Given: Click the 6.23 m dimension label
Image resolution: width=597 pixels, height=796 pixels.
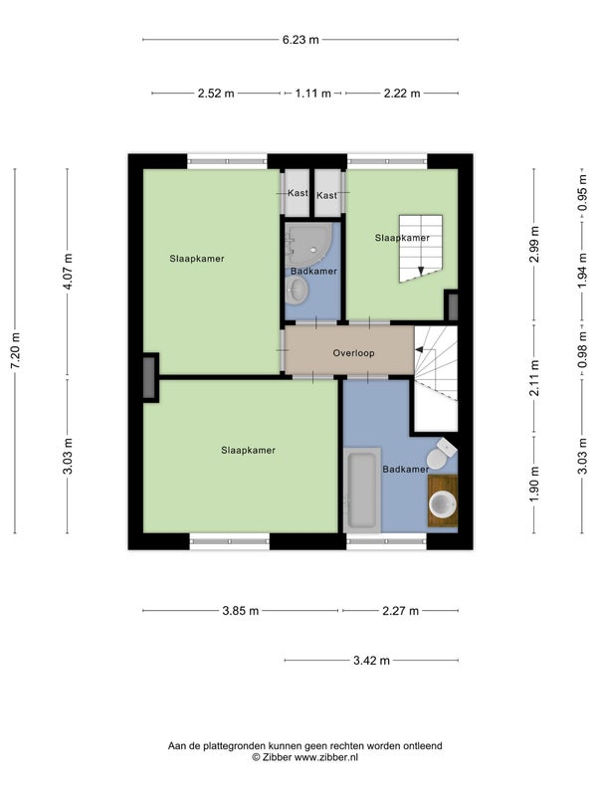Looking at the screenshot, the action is point(300,40).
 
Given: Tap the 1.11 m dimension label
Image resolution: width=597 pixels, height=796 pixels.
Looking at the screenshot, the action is point(313,94).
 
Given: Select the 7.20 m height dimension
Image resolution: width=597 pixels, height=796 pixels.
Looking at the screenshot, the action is point(15,351).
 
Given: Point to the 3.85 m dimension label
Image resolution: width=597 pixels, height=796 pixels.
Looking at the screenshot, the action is point(241,611).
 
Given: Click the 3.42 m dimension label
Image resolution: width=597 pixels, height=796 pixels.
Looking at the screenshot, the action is point(371,661).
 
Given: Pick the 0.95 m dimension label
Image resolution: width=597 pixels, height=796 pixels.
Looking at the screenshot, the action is point(582,193).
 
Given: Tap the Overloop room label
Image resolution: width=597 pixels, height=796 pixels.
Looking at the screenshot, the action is point(354,353).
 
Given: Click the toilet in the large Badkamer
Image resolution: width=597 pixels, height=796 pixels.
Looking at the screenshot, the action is point(440,454).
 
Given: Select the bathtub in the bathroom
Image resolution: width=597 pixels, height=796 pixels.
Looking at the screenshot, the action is point(362,491).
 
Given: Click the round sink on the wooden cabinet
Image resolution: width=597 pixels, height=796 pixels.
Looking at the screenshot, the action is point(443,504).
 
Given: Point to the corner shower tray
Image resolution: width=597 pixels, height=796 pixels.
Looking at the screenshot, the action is point(308,245).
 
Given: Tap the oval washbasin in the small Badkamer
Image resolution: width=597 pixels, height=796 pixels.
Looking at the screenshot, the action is point(296,291).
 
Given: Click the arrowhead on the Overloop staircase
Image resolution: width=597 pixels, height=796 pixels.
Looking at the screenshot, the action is point(419,349).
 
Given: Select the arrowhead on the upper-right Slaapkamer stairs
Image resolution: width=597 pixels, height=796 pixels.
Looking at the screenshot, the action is point(420,271).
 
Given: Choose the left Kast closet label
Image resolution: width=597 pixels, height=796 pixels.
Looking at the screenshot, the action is point(298,193).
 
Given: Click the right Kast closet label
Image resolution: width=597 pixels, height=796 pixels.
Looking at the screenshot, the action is point(326,195).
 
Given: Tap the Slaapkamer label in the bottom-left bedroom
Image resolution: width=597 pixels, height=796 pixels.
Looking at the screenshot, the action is point(248,451).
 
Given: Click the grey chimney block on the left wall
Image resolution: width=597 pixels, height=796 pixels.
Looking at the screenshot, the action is point(149,378).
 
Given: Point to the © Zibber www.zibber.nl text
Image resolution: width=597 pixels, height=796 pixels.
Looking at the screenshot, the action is point(305,757).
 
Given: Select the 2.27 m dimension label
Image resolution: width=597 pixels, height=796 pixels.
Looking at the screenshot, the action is point(401,611).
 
